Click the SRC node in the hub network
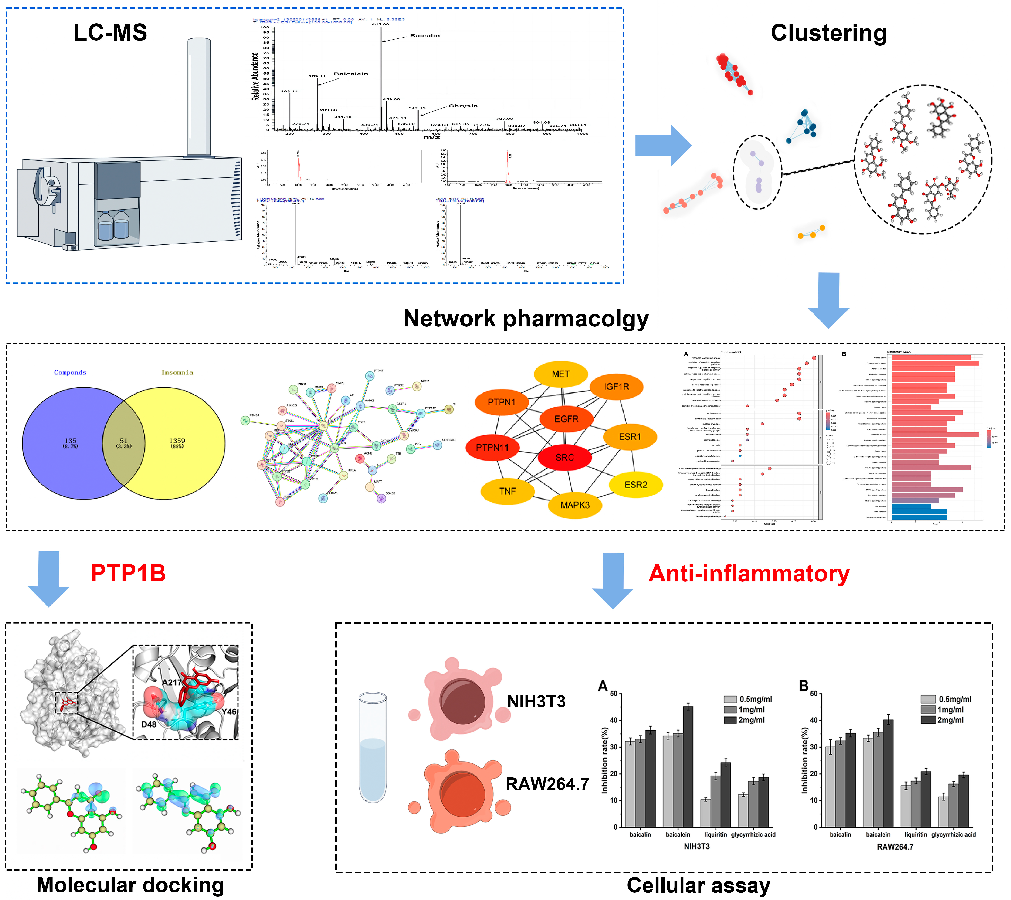[x=564, y=457]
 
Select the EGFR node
[x=566, y=419]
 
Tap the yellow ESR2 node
[x=635, y=485]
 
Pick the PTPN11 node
[x=492, y=448]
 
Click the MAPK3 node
[x=575, y=505]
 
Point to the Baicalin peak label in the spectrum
[x=424, y=36]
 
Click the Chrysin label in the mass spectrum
[x=463, y=106]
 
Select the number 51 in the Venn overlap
[x=124, y=441]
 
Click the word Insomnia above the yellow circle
[x=177, y=372]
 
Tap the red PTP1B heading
[x=128, y=573]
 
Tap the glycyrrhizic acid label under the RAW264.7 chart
[x=953, y=835]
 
